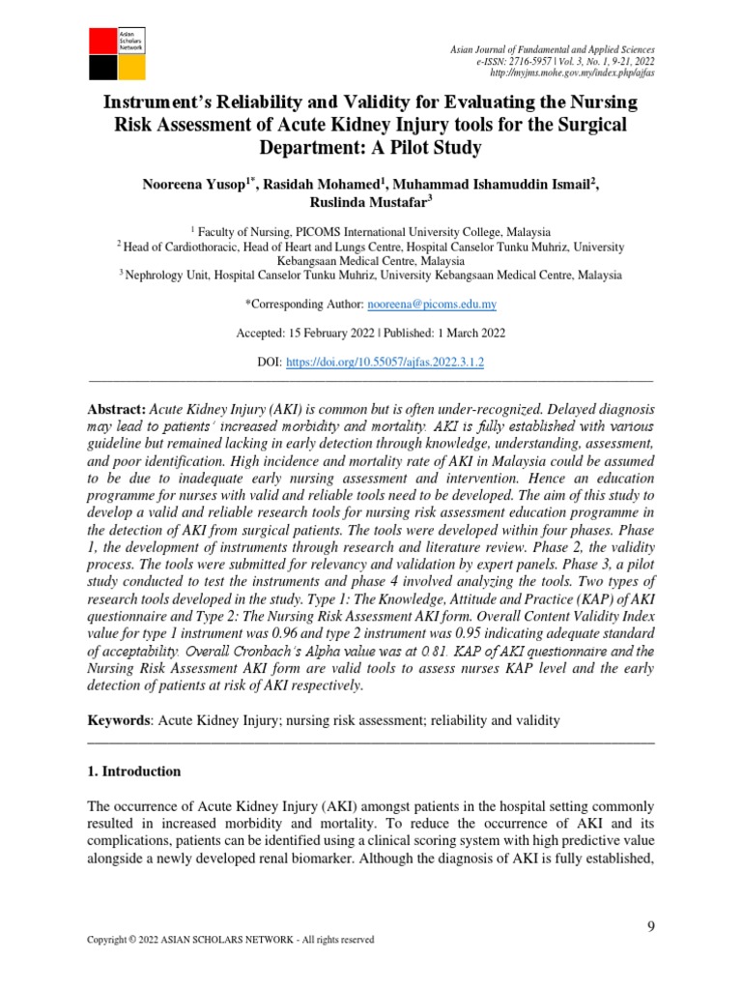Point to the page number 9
[650, 927]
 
